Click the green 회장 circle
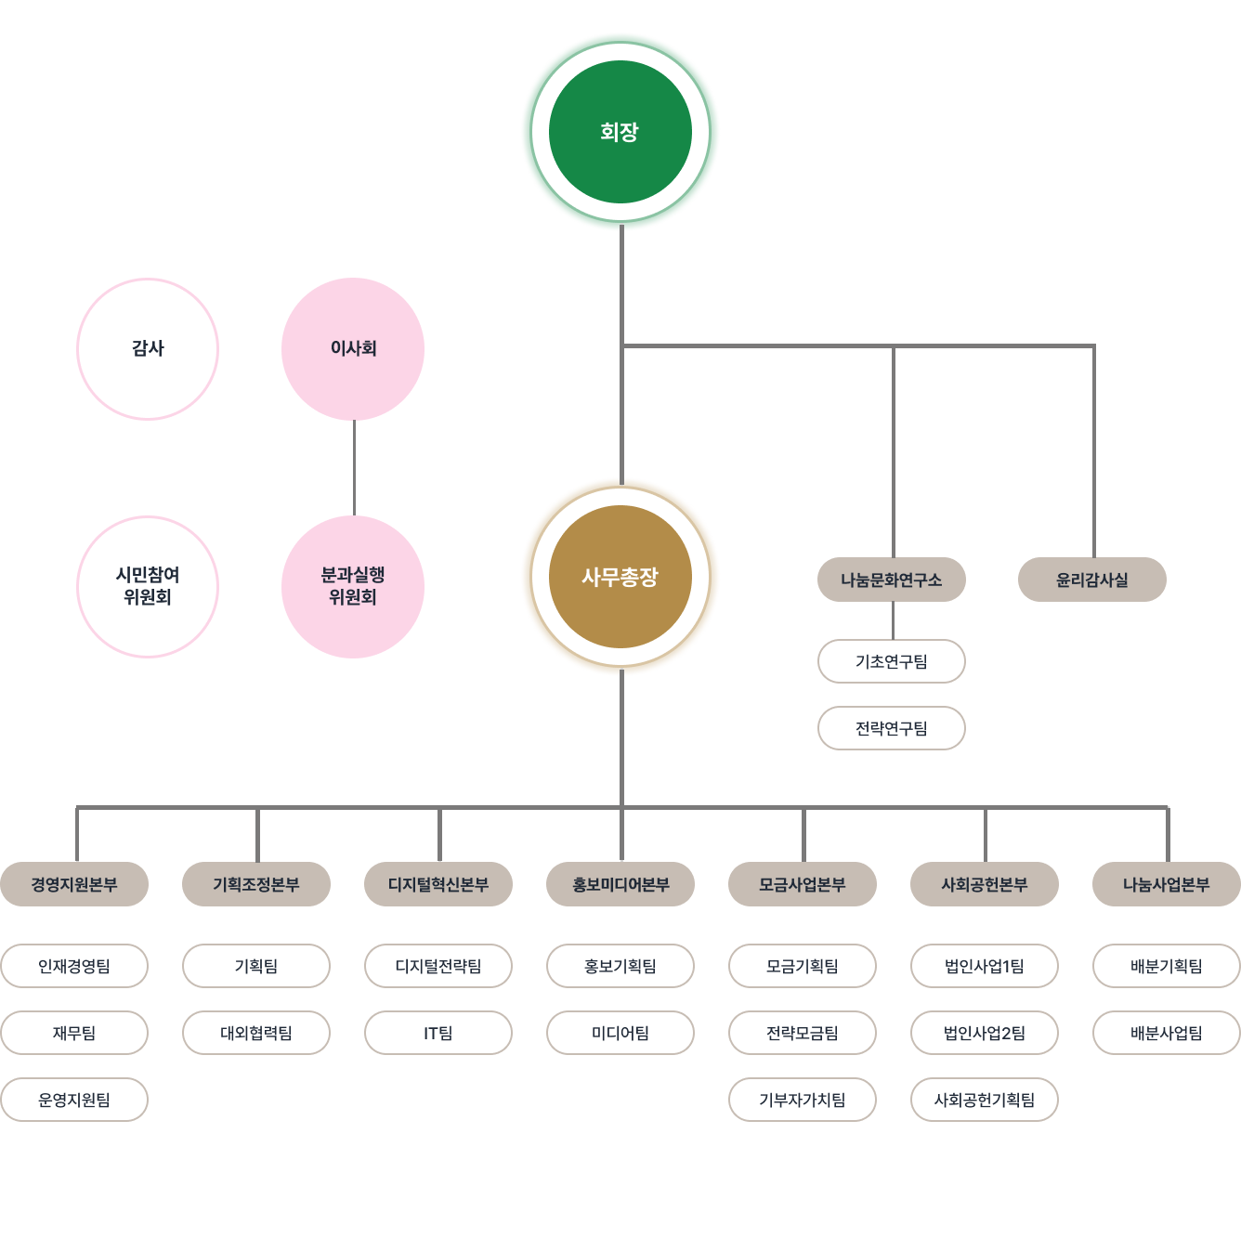click(x=620, y=132)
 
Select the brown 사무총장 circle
click(x=620, y=577)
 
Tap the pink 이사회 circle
click(x=353, y=348)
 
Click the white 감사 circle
click(x=148, y=348)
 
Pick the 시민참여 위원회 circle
click(x=148, y=586)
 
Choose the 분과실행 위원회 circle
click(x=353, y=586)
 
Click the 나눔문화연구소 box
click(x=892, y=580)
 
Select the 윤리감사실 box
click(x=1092, y=580)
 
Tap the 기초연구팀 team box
click(x=892, y=661)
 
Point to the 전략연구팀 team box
click(x=892, y=728)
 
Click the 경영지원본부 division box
click(x=74, y=884)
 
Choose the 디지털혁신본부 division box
click(x=438, y=884)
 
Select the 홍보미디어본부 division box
click(x=620, y=884)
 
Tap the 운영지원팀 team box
click(x=74, y=1100)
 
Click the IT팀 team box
click(x=438, y=1033)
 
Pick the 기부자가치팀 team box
click(x=803, y=1100)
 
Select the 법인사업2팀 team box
click(x=985, y=1033)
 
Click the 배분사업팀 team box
click(x=1167, y=1033)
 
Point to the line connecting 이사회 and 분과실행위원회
click(x=354, y=467)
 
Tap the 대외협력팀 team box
click(x=256, y=1033)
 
